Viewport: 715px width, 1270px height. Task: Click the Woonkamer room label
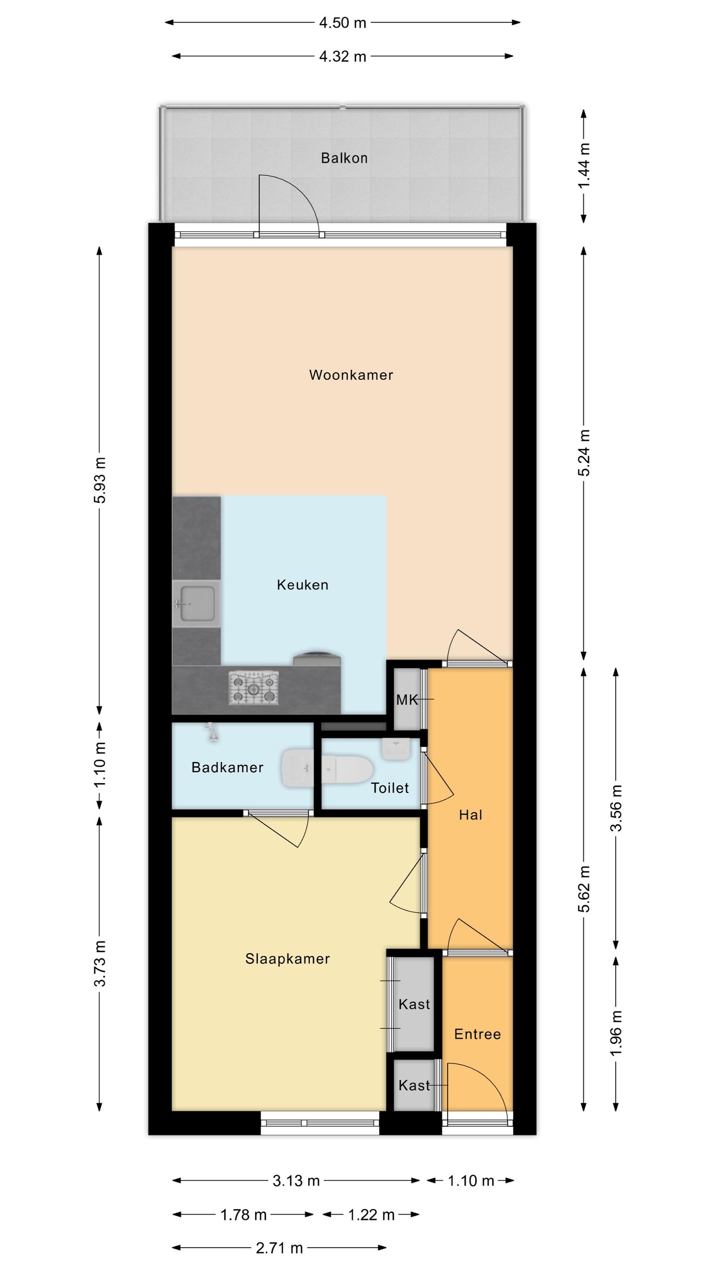351,375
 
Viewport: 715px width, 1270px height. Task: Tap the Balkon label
344,158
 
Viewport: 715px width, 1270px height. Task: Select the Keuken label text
302,585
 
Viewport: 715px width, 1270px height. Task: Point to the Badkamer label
227,767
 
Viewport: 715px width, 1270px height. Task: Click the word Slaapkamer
288,958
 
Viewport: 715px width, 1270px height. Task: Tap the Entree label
477,1034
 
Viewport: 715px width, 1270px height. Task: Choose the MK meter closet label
407,700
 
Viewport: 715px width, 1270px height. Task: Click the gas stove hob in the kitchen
254,688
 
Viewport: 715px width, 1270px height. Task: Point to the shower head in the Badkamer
212,733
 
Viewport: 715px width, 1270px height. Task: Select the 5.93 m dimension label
100,480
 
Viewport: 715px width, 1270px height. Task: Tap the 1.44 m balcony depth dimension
584,165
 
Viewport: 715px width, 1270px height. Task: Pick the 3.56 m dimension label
616,808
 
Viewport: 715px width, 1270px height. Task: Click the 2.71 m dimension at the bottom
279,1248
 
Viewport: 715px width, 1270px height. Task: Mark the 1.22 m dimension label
371,1215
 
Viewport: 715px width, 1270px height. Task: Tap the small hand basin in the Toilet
396,749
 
